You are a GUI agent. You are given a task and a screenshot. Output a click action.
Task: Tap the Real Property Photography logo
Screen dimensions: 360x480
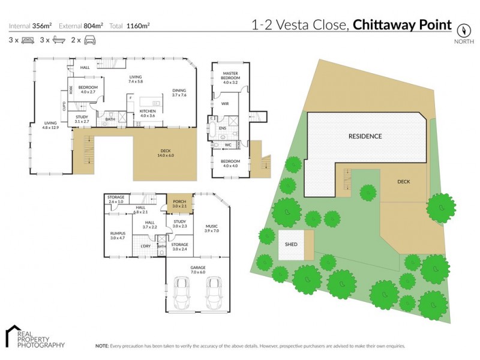coord(35,338)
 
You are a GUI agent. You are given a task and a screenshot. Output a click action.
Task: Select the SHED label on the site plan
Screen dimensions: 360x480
coord(291,245)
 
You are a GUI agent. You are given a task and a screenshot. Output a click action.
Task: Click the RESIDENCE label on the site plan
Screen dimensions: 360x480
coord(365,136)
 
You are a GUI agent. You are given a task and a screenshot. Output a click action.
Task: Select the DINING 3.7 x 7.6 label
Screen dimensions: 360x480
coord(179,92)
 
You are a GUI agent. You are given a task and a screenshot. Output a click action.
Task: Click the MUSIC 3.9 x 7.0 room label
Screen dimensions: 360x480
coord(212,228)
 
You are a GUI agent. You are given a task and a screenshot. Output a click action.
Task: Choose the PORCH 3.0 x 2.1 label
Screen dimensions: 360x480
coord(179,204)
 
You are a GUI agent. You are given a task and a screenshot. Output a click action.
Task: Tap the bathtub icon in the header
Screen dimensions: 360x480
coord(59,40)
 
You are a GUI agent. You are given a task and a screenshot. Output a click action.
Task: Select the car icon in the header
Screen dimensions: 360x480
coord(90,40)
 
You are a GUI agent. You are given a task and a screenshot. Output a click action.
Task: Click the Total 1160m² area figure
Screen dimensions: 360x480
coord(130,25)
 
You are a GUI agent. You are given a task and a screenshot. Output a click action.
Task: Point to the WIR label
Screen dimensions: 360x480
coord(226,103)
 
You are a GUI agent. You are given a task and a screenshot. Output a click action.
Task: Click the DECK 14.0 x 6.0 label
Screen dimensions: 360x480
coord(164,154)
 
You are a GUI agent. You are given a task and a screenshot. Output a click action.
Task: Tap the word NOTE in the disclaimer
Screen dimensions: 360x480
coord(102,346)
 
